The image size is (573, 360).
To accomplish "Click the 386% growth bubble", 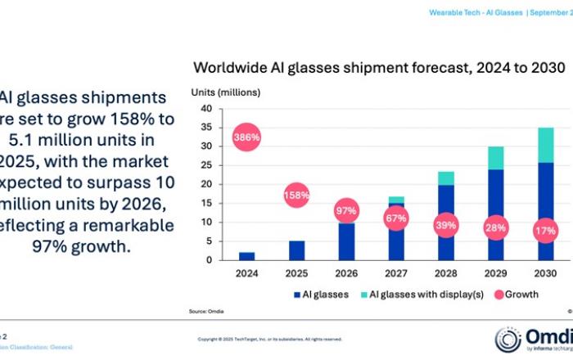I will click(x=247, y=137).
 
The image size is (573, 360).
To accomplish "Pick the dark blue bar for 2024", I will click(x=247, y=255).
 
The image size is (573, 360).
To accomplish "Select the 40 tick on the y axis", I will click(x=205, y=109).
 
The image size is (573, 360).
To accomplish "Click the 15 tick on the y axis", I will click(x=205, y=203).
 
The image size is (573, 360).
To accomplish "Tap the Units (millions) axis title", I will click(x=226, y=92).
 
